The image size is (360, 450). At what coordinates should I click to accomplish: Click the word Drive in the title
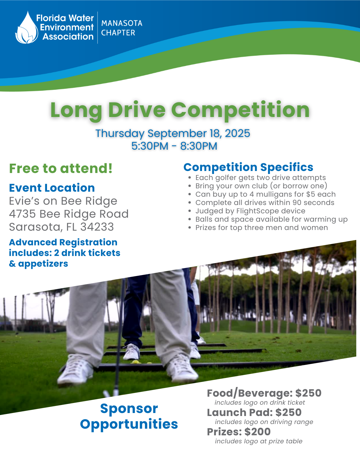click(x=137, y=110)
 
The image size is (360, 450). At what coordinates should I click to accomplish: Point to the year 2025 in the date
click(x=237, y=133)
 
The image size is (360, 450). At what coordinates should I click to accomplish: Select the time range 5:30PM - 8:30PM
click(x=174, y=146)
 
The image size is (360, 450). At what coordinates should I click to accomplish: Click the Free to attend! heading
click(x=61, y=168)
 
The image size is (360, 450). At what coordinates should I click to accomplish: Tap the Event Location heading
click(x=52, y=188)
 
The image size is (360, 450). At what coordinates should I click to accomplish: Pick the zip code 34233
click(x=97, y=227)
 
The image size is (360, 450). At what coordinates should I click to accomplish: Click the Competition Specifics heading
click(x=248, y=167)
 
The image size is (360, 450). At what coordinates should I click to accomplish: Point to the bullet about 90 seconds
click(x=265, y=202)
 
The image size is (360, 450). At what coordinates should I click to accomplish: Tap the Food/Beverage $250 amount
click(x=308, y=393)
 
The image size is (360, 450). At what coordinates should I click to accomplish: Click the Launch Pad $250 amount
click(x=288, y=412)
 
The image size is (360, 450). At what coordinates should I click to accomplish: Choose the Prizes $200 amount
click(x=257, y=432)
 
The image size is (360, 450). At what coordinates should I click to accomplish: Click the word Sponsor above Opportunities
click(x=129, y=408)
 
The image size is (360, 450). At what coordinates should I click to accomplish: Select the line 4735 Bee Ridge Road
click(x=69, y=214)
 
